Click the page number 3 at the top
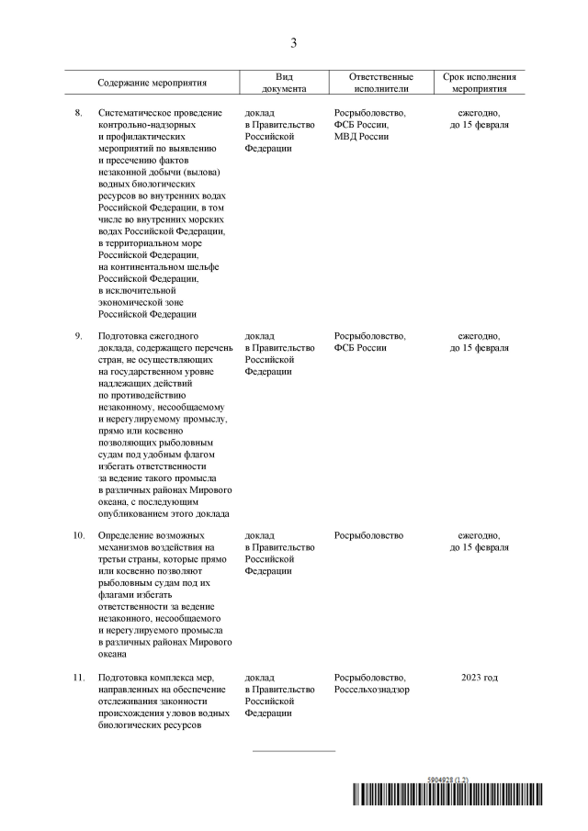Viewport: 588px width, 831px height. point(293,42)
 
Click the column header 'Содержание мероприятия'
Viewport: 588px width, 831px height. point(152,83)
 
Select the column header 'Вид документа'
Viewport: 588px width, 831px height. point(284,83)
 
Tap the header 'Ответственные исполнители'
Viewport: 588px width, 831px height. point(381,83)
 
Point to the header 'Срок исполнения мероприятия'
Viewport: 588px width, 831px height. point(479,83)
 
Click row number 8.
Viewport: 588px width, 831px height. point(78,113)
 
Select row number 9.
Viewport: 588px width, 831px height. point(78,336)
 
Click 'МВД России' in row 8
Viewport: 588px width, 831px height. point(361,136)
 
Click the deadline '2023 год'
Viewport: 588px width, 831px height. point(479,678)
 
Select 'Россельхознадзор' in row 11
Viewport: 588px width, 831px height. point(372,690)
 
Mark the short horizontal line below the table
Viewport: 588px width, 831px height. point(294,751)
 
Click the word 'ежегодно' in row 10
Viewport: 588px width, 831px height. point(477,535)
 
